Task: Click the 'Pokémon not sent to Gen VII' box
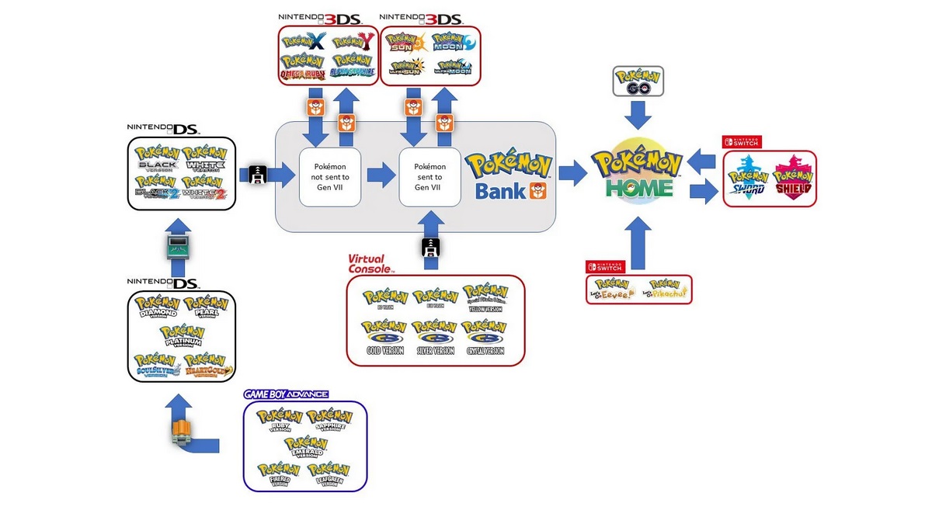point(330,176)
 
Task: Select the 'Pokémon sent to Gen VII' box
point(429,176)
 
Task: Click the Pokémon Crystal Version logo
point(485,339)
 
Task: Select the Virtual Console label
point(370,263)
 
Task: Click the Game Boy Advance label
point(286,394)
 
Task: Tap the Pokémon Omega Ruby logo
point(304,66)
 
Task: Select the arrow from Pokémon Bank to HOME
point(572,174)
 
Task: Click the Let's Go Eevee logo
point(613,290)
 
